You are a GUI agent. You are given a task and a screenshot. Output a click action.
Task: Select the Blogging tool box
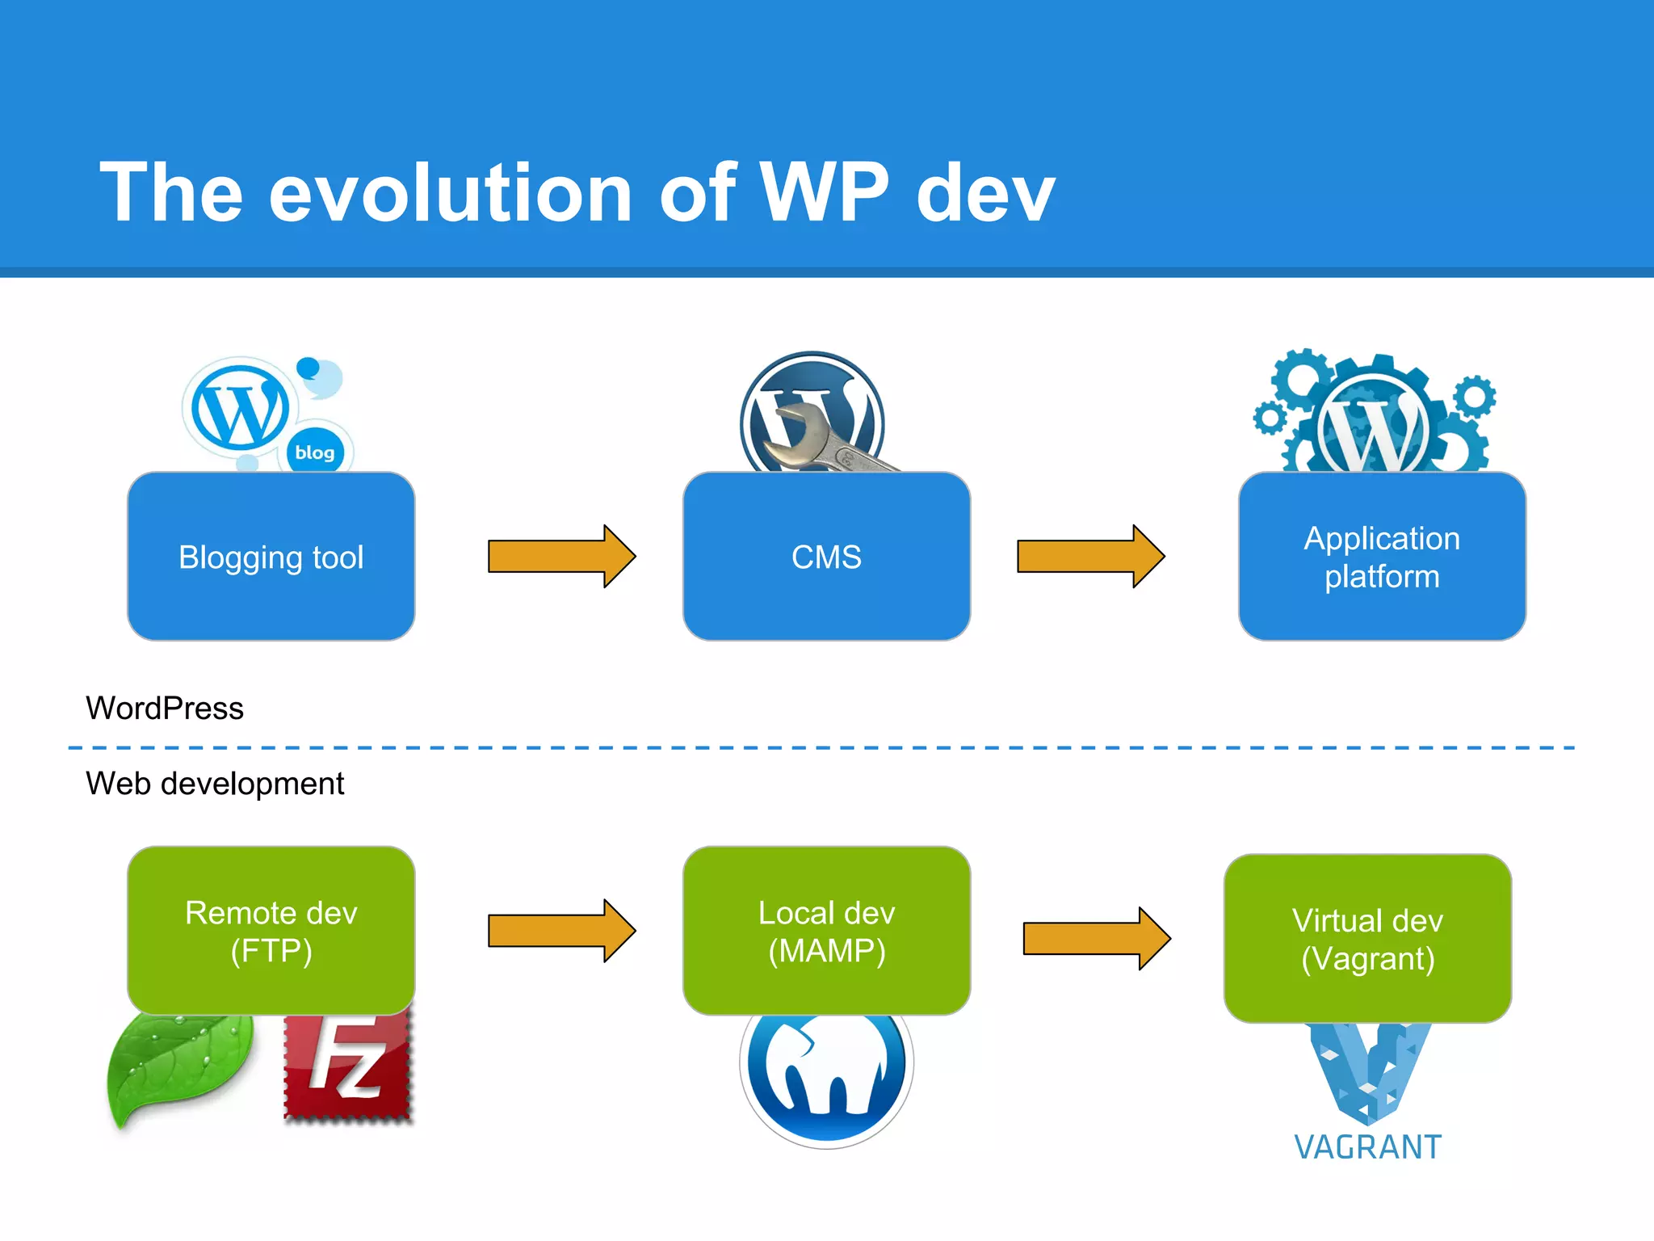[271, 557]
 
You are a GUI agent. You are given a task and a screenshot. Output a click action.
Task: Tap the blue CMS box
[826, 557]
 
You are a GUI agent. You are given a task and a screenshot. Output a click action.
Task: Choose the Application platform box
[1382, 557]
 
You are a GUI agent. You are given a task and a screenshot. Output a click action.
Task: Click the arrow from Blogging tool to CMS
[561, 557]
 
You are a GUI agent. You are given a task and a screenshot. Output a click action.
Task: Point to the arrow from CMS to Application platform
[1090, 557]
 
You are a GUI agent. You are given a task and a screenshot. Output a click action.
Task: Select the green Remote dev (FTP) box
[271, 931]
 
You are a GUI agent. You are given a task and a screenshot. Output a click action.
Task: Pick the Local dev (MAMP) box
[826, 931]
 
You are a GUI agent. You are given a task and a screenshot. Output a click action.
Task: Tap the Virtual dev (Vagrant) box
[1367, 939]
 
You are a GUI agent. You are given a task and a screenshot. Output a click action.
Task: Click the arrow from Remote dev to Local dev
[561, 931]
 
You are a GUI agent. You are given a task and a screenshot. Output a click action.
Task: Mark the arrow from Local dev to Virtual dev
[1096, 939]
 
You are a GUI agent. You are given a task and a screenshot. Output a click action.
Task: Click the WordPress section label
[165, 709]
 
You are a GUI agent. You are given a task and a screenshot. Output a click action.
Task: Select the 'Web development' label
[215, 784]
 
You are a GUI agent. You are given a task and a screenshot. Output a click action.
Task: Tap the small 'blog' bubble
[315, 452]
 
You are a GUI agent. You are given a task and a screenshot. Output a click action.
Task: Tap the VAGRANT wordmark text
[1367, 1147]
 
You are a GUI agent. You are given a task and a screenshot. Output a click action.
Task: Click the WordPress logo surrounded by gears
[1373, 428]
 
